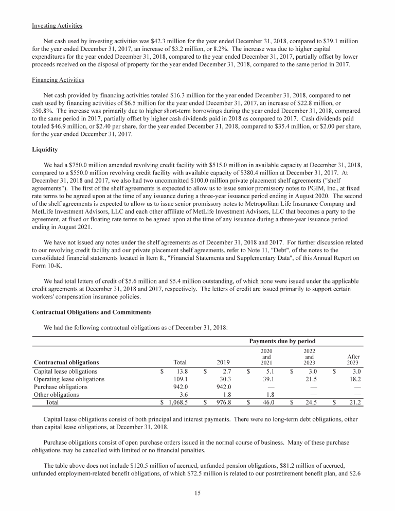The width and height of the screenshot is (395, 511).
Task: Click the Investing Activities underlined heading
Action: (57, 26)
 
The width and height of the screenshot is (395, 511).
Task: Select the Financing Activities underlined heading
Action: (58, 80)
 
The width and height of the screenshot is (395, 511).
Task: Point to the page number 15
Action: (197, 493)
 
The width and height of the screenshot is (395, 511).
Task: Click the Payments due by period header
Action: (282, 341)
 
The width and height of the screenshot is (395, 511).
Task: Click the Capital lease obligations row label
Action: (65, 371)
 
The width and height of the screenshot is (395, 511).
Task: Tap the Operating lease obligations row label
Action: (69, 379)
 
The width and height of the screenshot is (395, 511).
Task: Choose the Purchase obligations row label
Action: (61, 386)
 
